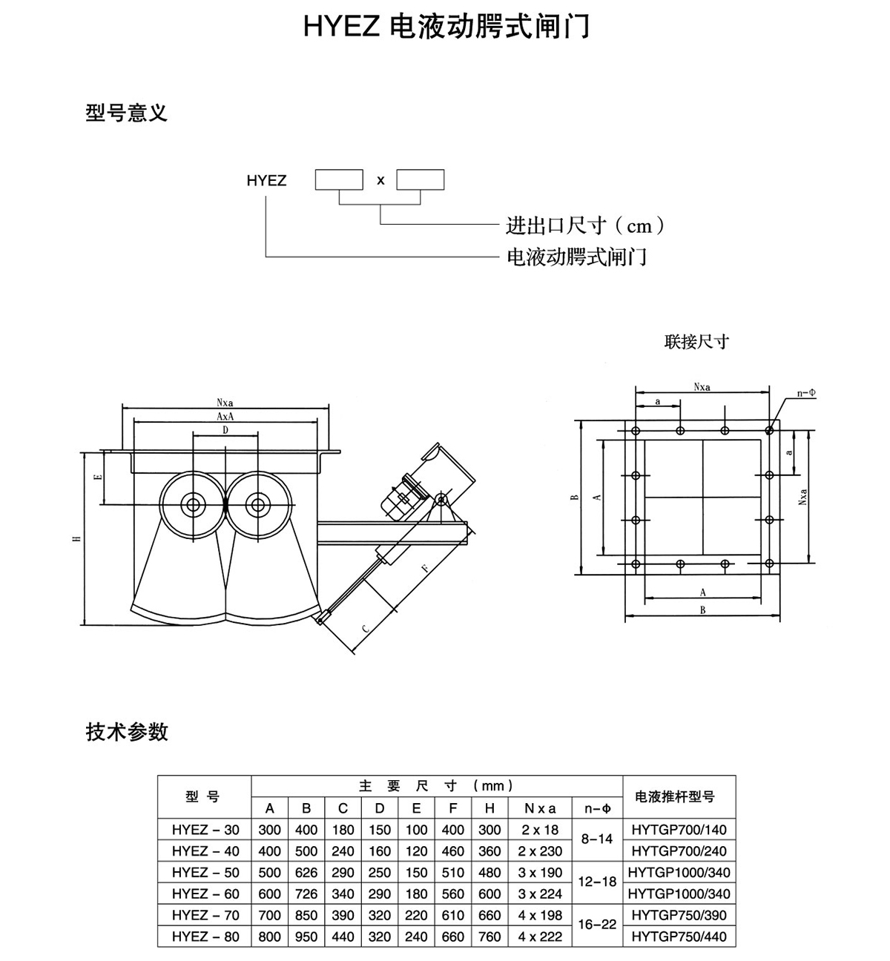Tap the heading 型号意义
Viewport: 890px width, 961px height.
pos(127,113)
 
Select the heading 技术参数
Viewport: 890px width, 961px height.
pos(127,732)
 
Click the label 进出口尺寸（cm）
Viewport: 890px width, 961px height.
pos(585,225)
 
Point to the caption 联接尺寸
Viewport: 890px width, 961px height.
pos(696,342)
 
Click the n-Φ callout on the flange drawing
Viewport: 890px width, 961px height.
pos(805,393)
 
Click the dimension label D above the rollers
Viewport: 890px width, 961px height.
pos(225,429)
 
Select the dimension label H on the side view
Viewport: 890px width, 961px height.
pos(77,540)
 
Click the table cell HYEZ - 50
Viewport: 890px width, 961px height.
pos(205,873)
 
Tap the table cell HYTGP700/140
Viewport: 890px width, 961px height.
pos(679,830)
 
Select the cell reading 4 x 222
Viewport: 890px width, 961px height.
pos(540,937)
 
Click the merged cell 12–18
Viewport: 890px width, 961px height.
pos(598,882)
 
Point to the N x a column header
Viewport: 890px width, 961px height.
pos(540,809)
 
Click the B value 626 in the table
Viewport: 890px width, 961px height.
pos(306,873)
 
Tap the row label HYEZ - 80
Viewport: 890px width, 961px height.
pos(205,937)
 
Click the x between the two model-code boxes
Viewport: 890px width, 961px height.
pos(380,180)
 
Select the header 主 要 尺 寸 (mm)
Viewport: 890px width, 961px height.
pos(436,786)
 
